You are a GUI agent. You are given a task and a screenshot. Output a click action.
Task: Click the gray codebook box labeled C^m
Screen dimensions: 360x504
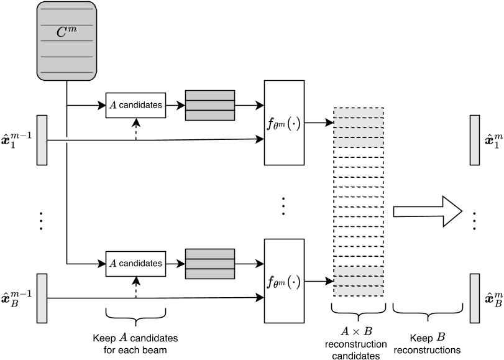(66, 41)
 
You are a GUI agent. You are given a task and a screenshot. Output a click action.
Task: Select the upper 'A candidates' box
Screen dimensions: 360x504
(135, 106)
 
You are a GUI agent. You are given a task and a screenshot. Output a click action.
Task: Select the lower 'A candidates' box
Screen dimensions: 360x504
(135, 264)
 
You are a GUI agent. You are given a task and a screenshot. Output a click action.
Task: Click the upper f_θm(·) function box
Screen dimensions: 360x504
(284, 123)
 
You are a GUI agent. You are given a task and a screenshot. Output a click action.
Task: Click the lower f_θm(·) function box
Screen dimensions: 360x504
(284, 282)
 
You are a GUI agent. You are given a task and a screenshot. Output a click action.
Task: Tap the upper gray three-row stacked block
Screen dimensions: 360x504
(210, 105)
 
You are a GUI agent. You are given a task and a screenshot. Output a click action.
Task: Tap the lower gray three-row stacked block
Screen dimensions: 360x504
(210, 264)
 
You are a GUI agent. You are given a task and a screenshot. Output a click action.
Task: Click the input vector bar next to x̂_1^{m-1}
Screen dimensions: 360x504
(42, 140)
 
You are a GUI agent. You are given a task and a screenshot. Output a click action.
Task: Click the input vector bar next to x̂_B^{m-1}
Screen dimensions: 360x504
(42, 298)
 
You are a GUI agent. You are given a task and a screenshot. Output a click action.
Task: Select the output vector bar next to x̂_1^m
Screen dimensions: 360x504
(475, 140)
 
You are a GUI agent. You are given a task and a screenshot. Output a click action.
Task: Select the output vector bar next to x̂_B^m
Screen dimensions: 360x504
(475, 298)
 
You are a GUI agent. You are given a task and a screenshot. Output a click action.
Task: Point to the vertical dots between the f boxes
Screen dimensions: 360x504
(283, 206)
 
